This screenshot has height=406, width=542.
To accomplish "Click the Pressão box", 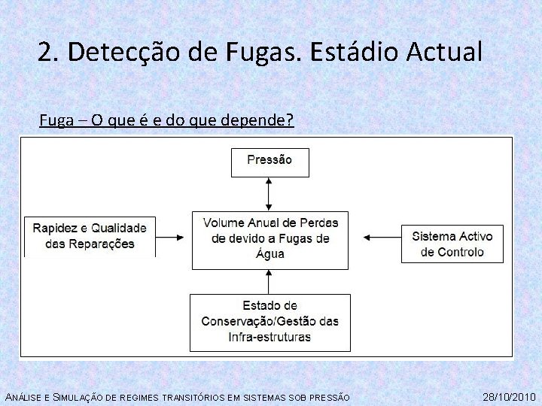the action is click(x=269, y=162).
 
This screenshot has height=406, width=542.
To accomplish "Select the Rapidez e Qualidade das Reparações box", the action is click(x=90, y=236).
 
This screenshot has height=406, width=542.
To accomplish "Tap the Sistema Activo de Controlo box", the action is click(x=452, y=243).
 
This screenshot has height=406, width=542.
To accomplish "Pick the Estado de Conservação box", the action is click(x=269, y=322).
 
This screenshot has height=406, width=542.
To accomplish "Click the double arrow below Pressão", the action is click(x=269, y=194).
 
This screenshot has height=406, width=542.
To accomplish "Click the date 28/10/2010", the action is click(x=509, y=396).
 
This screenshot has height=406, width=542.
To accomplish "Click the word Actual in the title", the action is click(x=444, y=52).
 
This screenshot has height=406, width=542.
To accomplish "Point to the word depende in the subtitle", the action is click(x=254, y=120).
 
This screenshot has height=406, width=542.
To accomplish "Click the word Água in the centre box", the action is click(x=270, y=254).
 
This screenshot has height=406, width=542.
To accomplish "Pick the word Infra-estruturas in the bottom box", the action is click(x=269, y=337).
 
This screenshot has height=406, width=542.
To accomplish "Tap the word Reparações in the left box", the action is click(x=101, y=244).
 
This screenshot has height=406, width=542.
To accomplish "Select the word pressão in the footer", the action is click(x=329, y=397).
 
